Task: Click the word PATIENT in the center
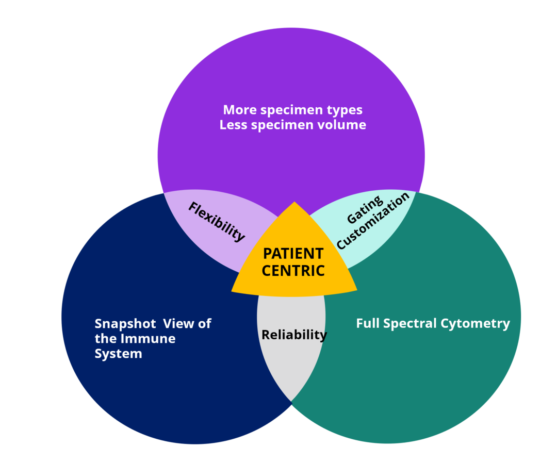coord(293,254)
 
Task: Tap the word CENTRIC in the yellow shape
coord(293,270)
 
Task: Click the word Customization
coord(373,221)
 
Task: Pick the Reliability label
coord(294,335)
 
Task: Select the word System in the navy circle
coord(118,354)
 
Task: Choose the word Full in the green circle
coord(367,324)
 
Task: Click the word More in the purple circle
coord(240,110)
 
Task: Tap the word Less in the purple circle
coord(234,125)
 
